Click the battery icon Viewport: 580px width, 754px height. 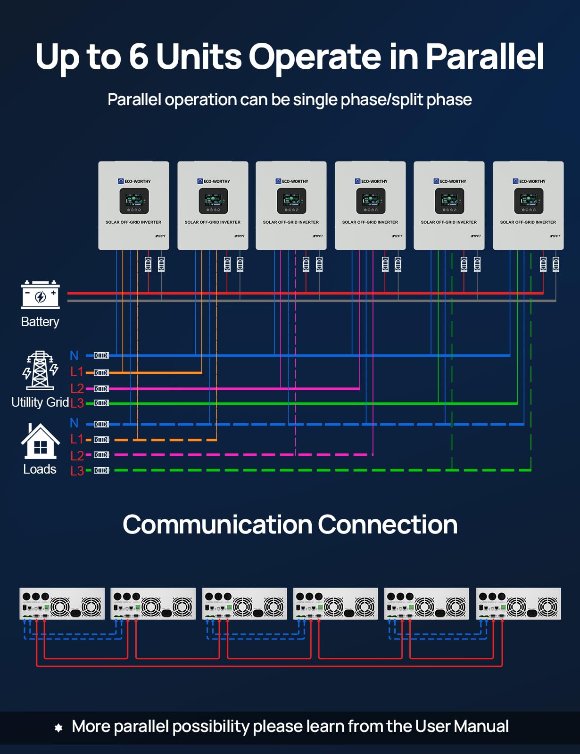(41, 295)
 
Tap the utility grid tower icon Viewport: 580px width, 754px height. (40, 370)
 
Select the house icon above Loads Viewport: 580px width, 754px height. (41, 442)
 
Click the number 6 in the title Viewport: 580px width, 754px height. (139, 57)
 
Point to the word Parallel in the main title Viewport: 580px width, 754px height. (485, 57)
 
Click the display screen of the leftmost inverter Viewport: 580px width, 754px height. (134, 201)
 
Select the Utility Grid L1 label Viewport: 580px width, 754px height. (76, 372)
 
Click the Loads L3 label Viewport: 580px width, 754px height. (77, 470)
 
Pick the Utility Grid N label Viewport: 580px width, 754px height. (74, 355)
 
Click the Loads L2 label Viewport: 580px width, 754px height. (77, 455)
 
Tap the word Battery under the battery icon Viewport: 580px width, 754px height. (40, 322)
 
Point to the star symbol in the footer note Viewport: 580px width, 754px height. (58, 728)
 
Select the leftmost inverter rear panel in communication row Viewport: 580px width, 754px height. (62, 604)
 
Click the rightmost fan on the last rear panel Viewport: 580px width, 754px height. (547, 606)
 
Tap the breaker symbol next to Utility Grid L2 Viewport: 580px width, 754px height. (101, 389)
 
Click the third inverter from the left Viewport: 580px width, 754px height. (291, 205)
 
